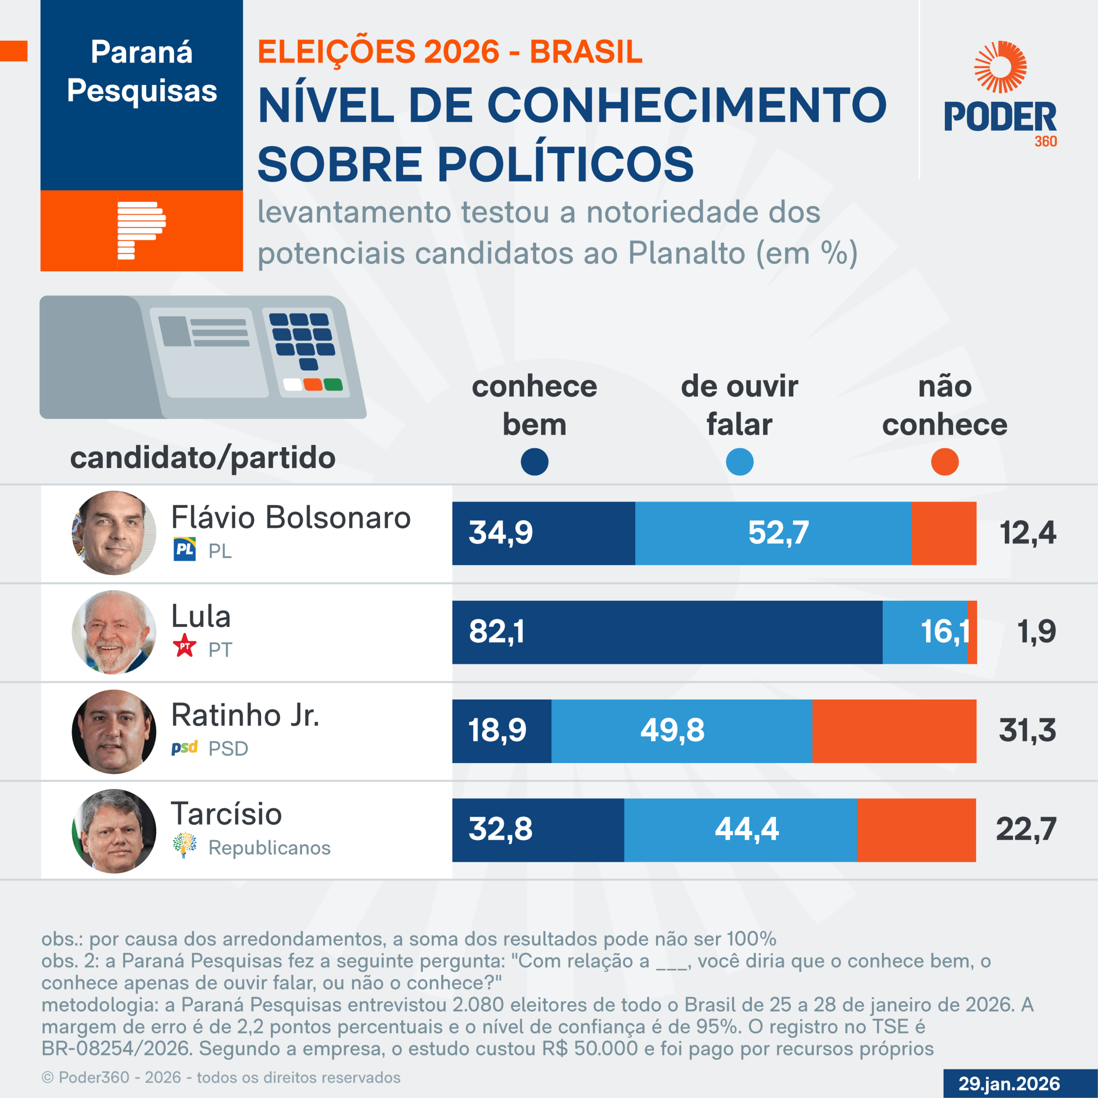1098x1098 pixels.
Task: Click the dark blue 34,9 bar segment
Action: (543, 533)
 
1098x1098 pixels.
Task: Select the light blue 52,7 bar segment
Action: (773, 533)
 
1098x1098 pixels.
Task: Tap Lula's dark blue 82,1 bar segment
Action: (667, 632)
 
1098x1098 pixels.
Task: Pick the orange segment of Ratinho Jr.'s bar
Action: (894, 731)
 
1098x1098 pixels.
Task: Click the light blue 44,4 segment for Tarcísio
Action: (740, 830)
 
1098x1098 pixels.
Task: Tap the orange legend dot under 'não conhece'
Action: (944, 462)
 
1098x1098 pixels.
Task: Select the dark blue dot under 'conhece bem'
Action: (534, 462)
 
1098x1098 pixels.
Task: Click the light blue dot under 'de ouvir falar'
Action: (739, 462)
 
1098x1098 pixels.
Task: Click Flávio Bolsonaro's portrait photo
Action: (114, 533)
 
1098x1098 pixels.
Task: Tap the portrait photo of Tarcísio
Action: (114, 830)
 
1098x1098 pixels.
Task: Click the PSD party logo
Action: (184, 747)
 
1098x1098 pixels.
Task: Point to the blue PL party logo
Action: (184, 549)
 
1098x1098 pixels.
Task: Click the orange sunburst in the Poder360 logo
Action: (1000, 66)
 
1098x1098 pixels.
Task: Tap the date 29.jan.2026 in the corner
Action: (1009, 1083)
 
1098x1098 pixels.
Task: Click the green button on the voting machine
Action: (333, 385)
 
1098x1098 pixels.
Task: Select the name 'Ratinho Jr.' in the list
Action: (245, 715)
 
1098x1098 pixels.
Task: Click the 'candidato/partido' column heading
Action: (202, 458)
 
